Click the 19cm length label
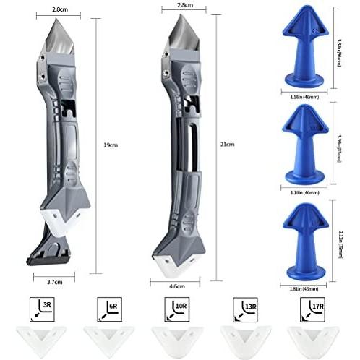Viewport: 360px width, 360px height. click(111, 145)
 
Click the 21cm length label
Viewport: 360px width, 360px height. click(228, 145)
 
